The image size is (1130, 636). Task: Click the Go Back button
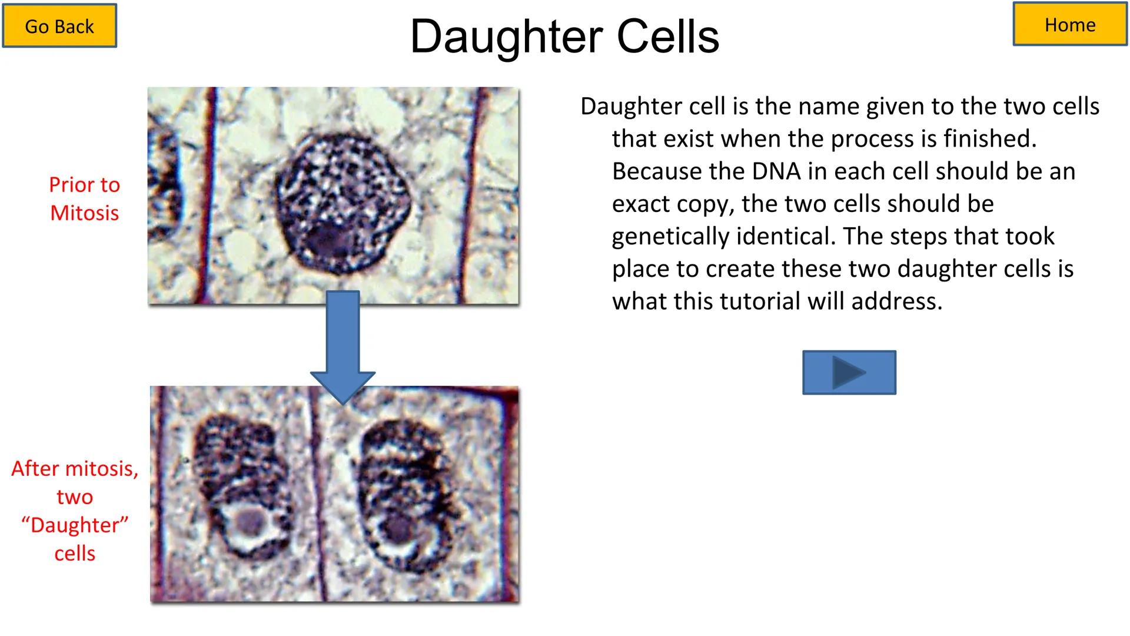(x=59, y=26)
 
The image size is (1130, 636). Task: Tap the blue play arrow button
(x=849, y=372)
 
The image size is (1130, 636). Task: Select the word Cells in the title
(x=667, y=37)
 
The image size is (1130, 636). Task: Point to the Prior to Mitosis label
(x=84, y=198)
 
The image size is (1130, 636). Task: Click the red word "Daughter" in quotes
(x=75, y=525)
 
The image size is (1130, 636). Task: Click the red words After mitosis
(x=75, y=469)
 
